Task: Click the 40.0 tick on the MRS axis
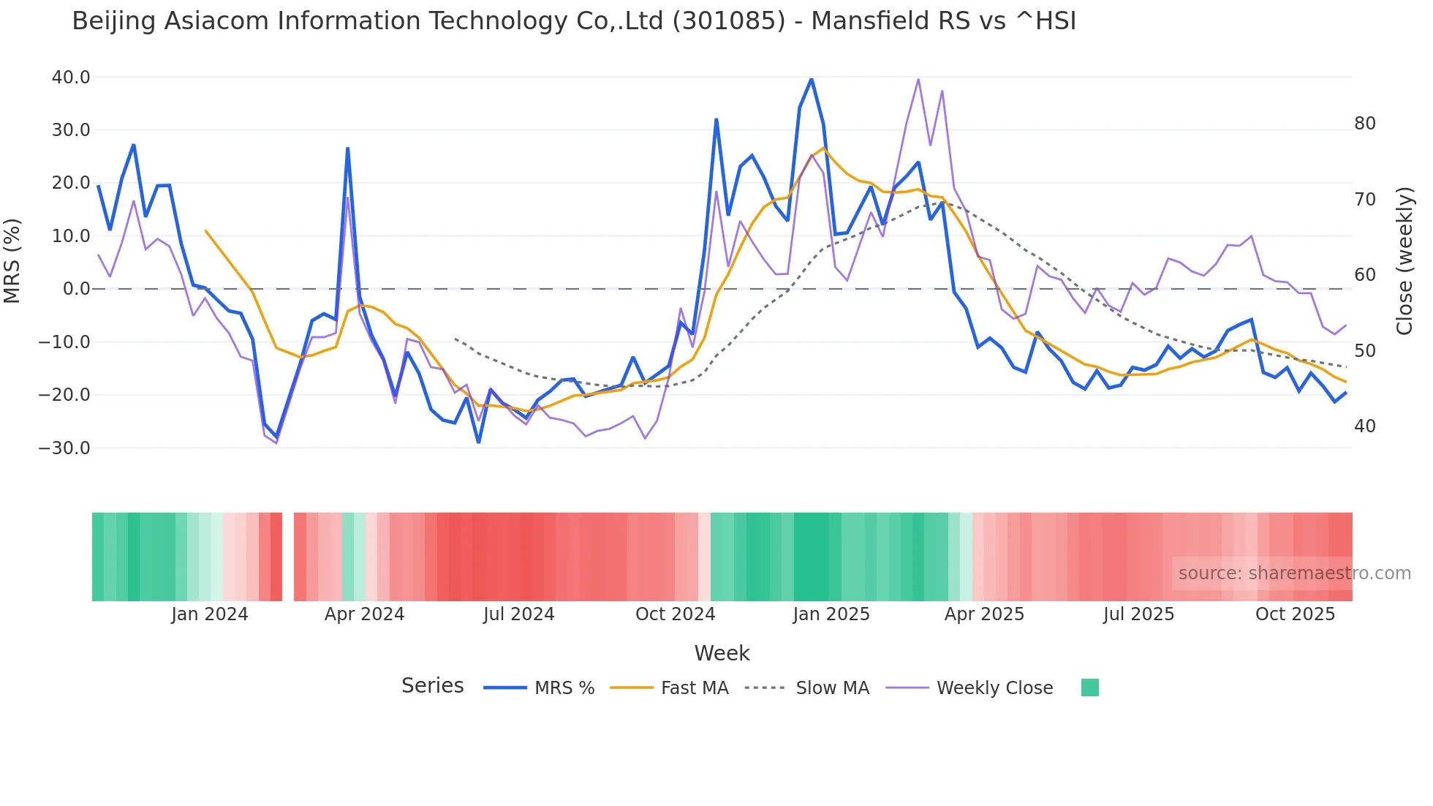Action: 70,77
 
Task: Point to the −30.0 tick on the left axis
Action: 64,448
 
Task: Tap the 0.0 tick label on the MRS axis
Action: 76,289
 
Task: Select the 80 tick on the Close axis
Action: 1364,124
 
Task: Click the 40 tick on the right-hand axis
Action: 1364,426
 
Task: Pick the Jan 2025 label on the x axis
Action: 831,614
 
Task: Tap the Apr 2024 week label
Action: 364,614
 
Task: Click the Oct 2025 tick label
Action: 1295,614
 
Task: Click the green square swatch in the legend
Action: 1089,688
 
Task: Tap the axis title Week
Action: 722,653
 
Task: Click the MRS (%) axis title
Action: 12,260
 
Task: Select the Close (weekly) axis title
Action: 1404,261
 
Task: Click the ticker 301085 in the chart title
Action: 728,21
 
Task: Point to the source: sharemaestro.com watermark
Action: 1294,573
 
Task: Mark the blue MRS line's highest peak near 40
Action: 811,79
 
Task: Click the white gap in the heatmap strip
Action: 288,557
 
